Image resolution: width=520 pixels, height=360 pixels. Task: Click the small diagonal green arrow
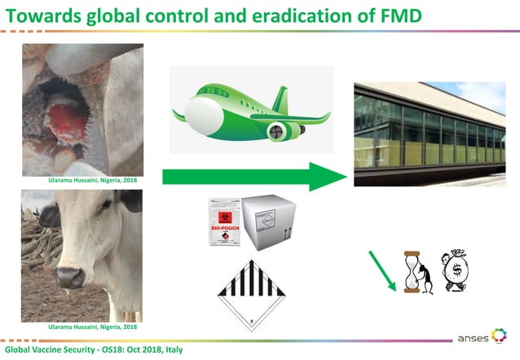coord(381,270)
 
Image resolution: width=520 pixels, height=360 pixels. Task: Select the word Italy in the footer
coord(170,349)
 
